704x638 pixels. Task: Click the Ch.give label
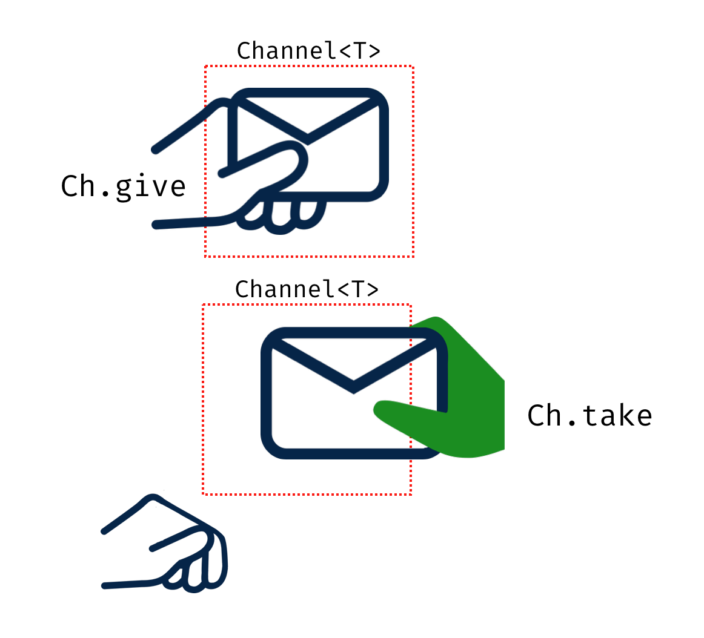click(x=123, y=186)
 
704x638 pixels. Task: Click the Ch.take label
click(x=589, y=416)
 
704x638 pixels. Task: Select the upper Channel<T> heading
click(x=308, y=51)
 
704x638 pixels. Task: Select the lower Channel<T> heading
click(x=307, y=289)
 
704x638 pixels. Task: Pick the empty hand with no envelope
click(x=176, y=551)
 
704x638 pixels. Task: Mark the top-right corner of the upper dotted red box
click(x=413, y=67)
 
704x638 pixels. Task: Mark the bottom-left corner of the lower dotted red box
click(x=203, y=495)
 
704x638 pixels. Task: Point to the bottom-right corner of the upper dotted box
click(x=413, y=256)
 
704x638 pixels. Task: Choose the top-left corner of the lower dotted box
click(x=203, y=305)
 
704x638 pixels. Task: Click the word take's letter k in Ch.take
click(x=620, y=415)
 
